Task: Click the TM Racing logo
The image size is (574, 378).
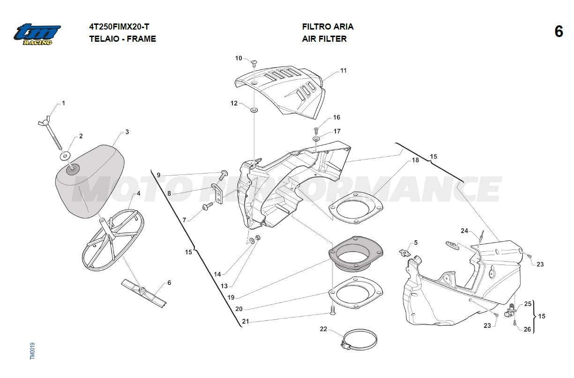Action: point(37,34)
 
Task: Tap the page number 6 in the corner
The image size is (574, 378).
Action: point(559,32)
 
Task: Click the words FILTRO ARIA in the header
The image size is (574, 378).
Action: point(328,27)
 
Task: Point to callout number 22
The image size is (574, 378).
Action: point(323,329)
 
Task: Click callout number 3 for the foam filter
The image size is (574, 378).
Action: point(127,132)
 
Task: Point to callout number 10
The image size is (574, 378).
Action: point(239,58)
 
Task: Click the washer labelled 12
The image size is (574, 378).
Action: point(254,110)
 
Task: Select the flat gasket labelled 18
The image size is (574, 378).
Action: point(356,206)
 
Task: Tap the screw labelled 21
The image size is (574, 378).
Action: point(332,310)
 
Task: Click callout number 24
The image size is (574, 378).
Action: point(464,231)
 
